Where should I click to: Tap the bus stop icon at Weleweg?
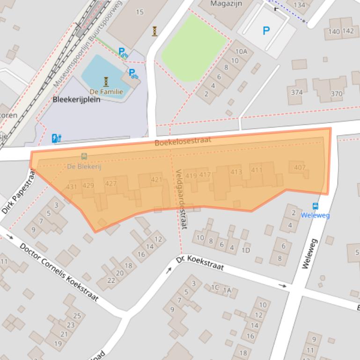(316, 207)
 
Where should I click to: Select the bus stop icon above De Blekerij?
(84, 157)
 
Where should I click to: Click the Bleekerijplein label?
(76, 100)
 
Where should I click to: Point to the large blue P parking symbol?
(266, 31)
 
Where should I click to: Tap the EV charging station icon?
(56, 138)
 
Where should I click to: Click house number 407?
(300, 167)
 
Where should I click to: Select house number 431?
(72, 187)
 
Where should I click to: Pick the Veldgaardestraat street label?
(181, 199)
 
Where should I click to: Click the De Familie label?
(106, 92)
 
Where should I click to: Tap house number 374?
(296, 92)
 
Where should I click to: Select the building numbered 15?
(140, 12)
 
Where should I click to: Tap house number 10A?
(241, 52)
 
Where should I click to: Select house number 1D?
(245, 250)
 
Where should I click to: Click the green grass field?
(194, 47)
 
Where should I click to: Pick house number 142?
(348, 31)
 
